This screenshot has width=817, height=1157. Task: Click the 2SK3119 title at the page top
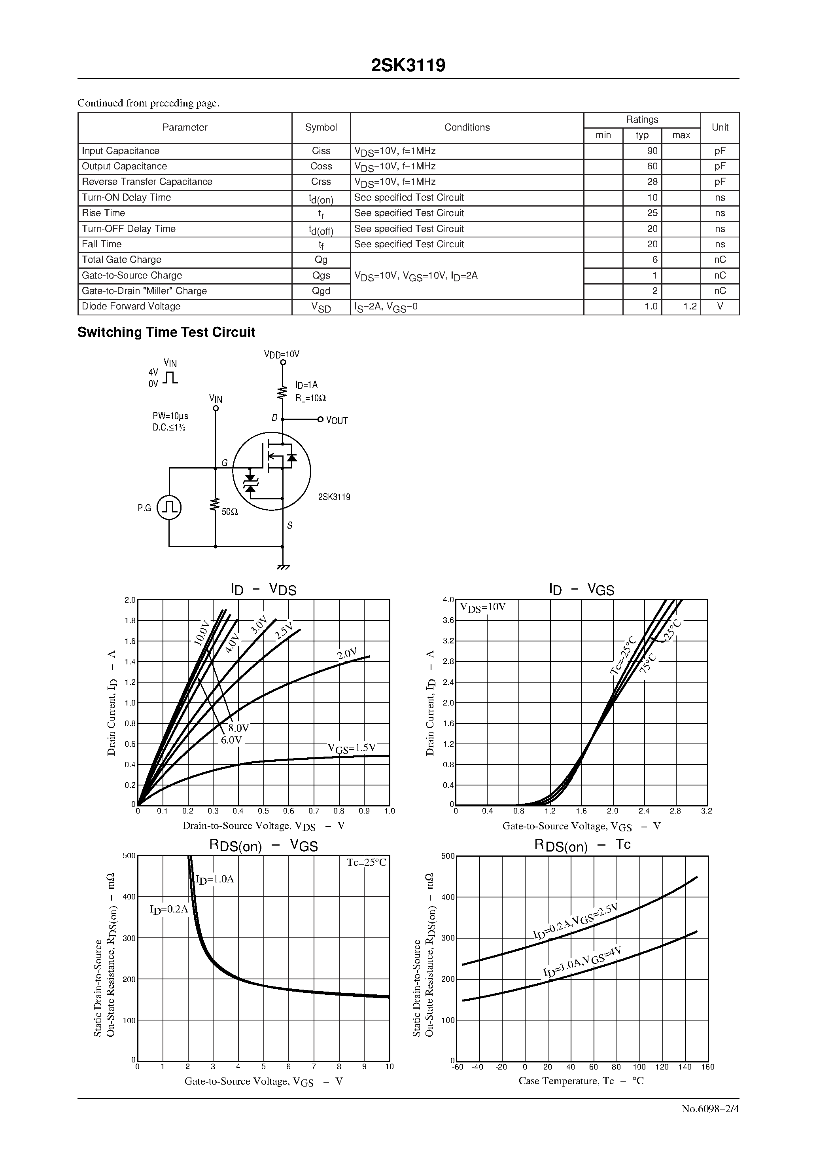(408, 66)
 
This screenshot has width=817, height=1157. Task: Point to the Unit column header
(720, 127)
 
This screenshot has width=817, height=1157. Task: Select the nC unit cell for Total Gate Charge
(720, 260)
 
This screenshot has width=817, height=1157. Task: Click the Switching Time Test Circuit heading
(166, 333)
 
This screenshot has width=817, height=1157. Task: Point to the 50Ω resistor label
(230, 512)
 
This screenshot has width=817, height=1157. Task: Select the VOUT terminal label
(337, 421)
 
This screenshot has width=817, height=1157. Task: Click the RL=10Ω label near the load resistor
(311, 398)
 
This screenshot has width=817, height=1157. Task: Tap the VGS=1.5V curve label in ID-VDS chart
(352, 748)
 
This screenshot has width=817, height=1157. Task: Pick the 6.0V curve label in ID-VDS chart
(231, 740)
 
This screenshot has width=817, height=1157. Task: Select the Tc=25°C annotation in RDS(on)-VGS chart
(366, 863)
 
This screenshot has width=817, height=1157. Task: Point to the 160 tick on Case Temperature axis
(708, 1067)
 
